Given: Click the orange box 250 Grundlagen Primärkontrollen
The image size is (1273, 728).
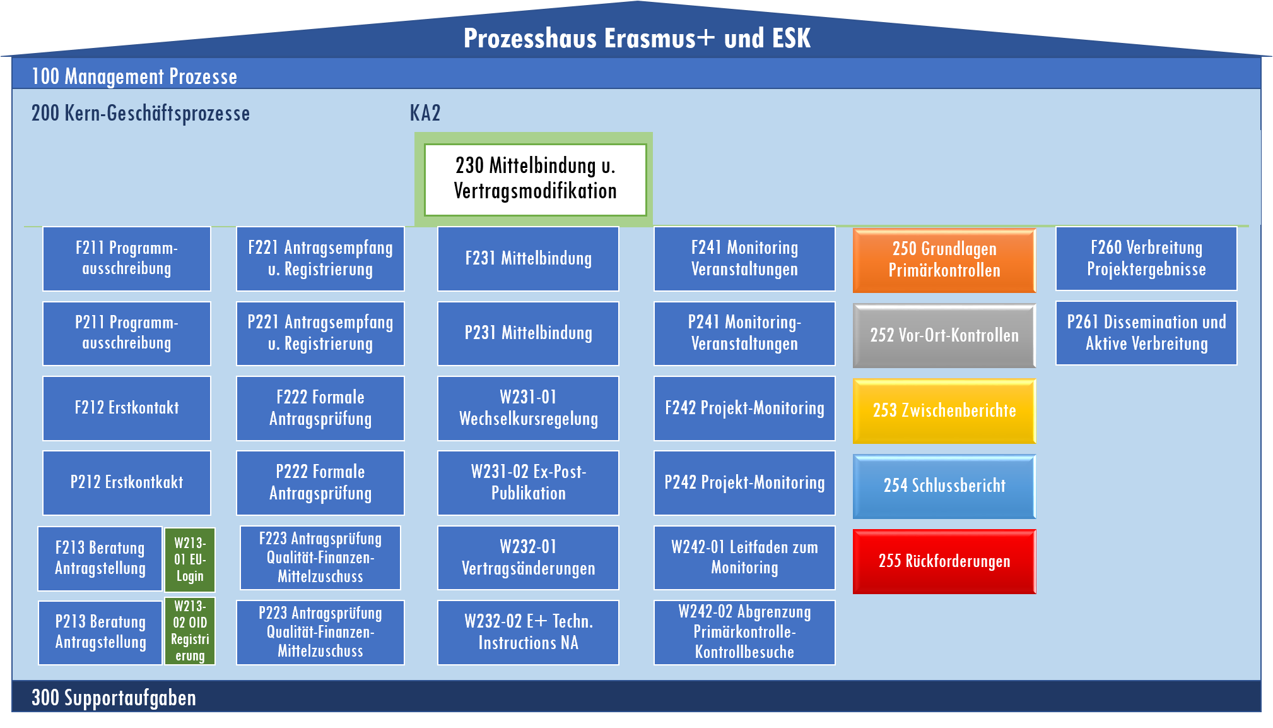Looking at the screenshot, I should pos(944,260).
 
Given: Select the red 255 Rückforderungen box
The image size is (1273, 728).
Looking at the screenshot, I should pos(944,561).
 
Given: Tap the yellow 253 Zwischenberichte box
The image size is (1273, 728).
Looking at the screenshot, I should pos(944,410).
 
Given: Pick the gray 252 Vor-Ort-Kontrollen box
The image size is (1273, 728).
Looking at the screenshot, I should pos(944,335).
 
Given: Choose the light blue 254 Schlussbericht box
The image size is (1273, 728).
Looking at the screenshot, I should pos(944,486).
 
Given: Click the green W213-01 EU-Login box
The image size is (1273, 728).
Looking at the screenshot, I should pos(190,559).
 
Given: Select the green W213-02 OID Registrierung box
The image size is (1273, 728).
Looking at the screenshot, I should pos(190,631).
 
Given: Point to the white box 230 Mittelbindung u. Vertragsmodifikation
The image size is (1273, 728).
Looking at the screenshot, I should pos(535,179).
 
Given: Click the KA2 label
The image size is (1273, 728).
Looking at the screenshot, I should pos(425,114).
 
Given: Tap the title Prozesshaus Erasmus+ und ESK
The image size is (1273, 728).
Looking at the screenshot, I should pos(636,39).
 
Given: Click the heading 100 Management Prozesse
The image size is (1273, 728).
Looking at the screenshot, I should pos(134,77).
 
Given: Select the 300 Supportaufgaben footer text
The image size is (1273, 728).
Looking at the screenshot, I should pos(114,698).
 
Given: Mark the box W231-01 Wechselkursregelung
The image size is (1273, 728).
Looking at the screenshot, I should pos(528,408).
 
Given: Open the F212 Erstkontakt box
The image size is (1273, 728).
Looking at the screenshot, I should pos(127,408).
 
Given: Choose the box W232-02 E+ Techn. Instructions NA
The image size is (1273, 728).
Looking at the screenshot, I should pos(528,632).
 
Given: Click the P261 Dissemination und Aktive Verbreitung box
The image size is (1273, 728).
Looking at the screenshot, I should pos(1146,333).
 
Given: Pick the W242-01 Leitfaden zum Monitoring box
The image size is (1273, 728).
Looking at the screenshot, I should pos(744,558).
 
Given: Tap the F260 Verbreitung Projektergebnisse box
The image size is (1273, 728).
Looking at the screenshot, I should pos(1146,258).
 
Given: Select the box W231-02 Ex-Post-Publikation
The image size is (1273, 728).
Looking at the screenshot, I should pos(528,482).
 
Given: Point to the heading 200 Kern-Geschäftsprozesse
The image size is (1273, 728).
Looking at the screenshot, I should pos(141,114).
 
